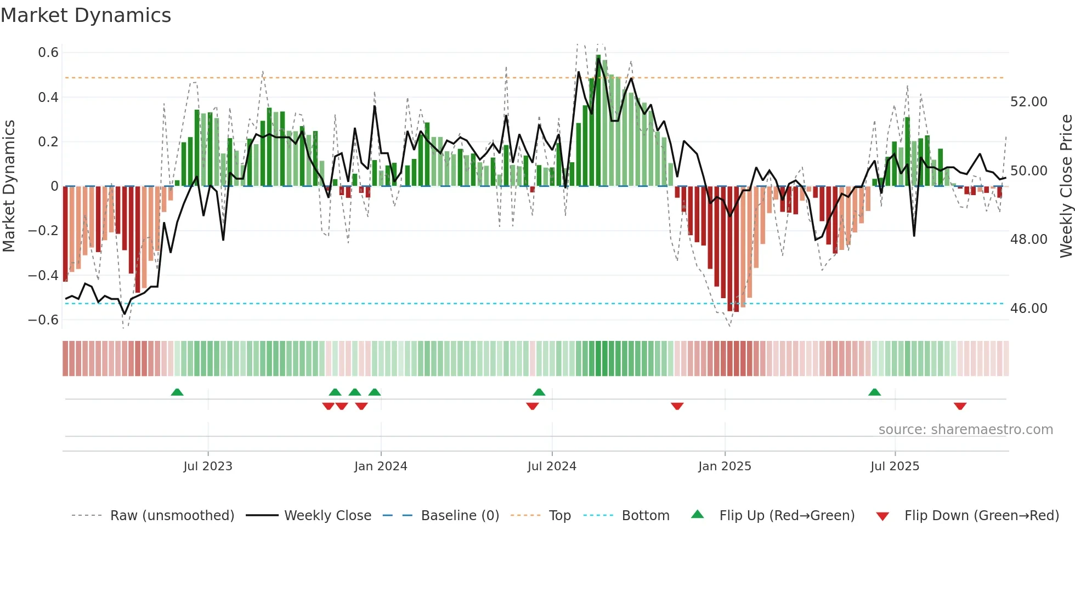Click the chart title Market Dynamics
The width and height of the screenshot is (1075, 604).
pyautogui.click(x=86, y=15)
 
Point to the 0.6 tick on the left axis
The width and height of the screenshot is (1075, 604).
pyautogui.click(x=48, y=53)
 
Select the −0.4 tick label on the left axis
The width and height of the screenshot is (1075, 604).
pyautogui.click(x=43, y=275)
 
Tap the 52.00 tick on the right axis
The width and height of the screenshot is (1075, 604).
pyautogui.click(x=1028, y=102)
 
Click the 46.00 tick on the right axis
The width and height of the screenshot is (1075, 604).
pyautogui.click(x=1028, y=309)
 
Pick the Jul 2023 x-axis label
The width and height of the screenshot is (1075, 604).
pyautogui.click(x=208, y=466)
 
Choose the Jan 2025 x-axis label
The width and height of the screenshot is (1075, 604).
pyautogui.click(x=725, y=466)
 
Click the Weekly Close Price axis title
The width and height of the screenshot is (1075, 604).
pyautogui.click(x=1066, y=186)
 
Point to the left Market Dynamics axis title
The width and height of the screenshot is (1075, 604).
pyautogui.click(x=9, y=186)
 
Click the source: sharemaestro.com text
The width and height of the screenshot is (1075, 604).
pyautogui.click(x=965, y=430)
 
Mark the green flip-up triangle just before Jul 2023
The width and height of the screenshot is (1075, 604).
pyautogui.click(x=177, y=392)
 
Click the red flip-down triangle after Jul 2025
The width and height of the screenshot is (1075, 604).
pyautogui.click(x=960, y=406)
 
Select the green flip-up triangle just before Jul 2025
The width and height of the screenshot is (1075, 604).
pyautogui.click(x=875, y=392)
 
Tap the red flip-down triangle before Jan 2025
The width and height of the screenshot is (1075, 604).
pyautogui.click(x=677, y=406)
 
